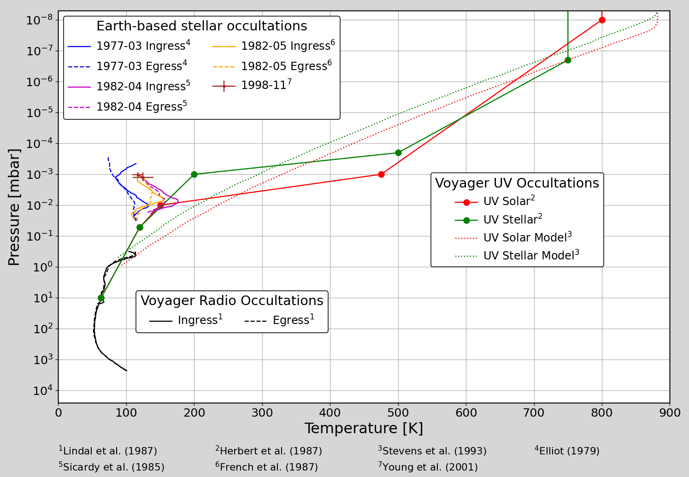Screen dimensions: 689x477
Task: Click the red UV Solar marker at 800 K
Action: pyautogui.click(x=602, y=20)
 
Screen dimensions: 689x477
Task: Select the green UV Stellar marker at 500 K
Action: pyautogui.click(x=398, y=153)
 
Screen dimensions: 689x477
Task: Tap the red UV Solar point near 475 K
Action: pyautogui.click(x=381, y=174)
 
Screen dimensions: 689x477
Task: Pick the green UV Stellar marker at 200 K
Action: pyautogui.click(x=194, y=174)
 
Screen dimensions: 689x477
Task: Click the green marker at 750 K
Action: pyautogui.click(x=568, y=60)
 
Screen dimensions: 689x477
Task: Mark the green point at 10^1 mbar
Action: pyautogui.click(x=101, y=298)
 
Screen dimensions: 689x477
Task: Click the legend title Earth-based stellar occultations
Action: pyautogui.click(x=202, y=26)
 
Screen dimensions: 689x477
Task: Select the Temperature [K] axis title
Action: pyautogui.click(x=364, y=428)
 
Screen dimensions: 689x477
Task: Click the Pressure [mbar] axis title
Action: pyautogui.click(x=14, y=207)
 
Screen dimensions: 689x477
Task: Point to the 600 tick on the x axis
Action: pyautogui.click(x=466, y=412)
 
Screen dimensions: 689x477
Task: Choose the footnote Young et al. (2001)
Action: pyautogui.click(x=428, y=466)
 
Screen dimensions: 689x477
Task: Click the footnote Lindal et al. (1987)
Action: pyautogui.click(x=108, y=451)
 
